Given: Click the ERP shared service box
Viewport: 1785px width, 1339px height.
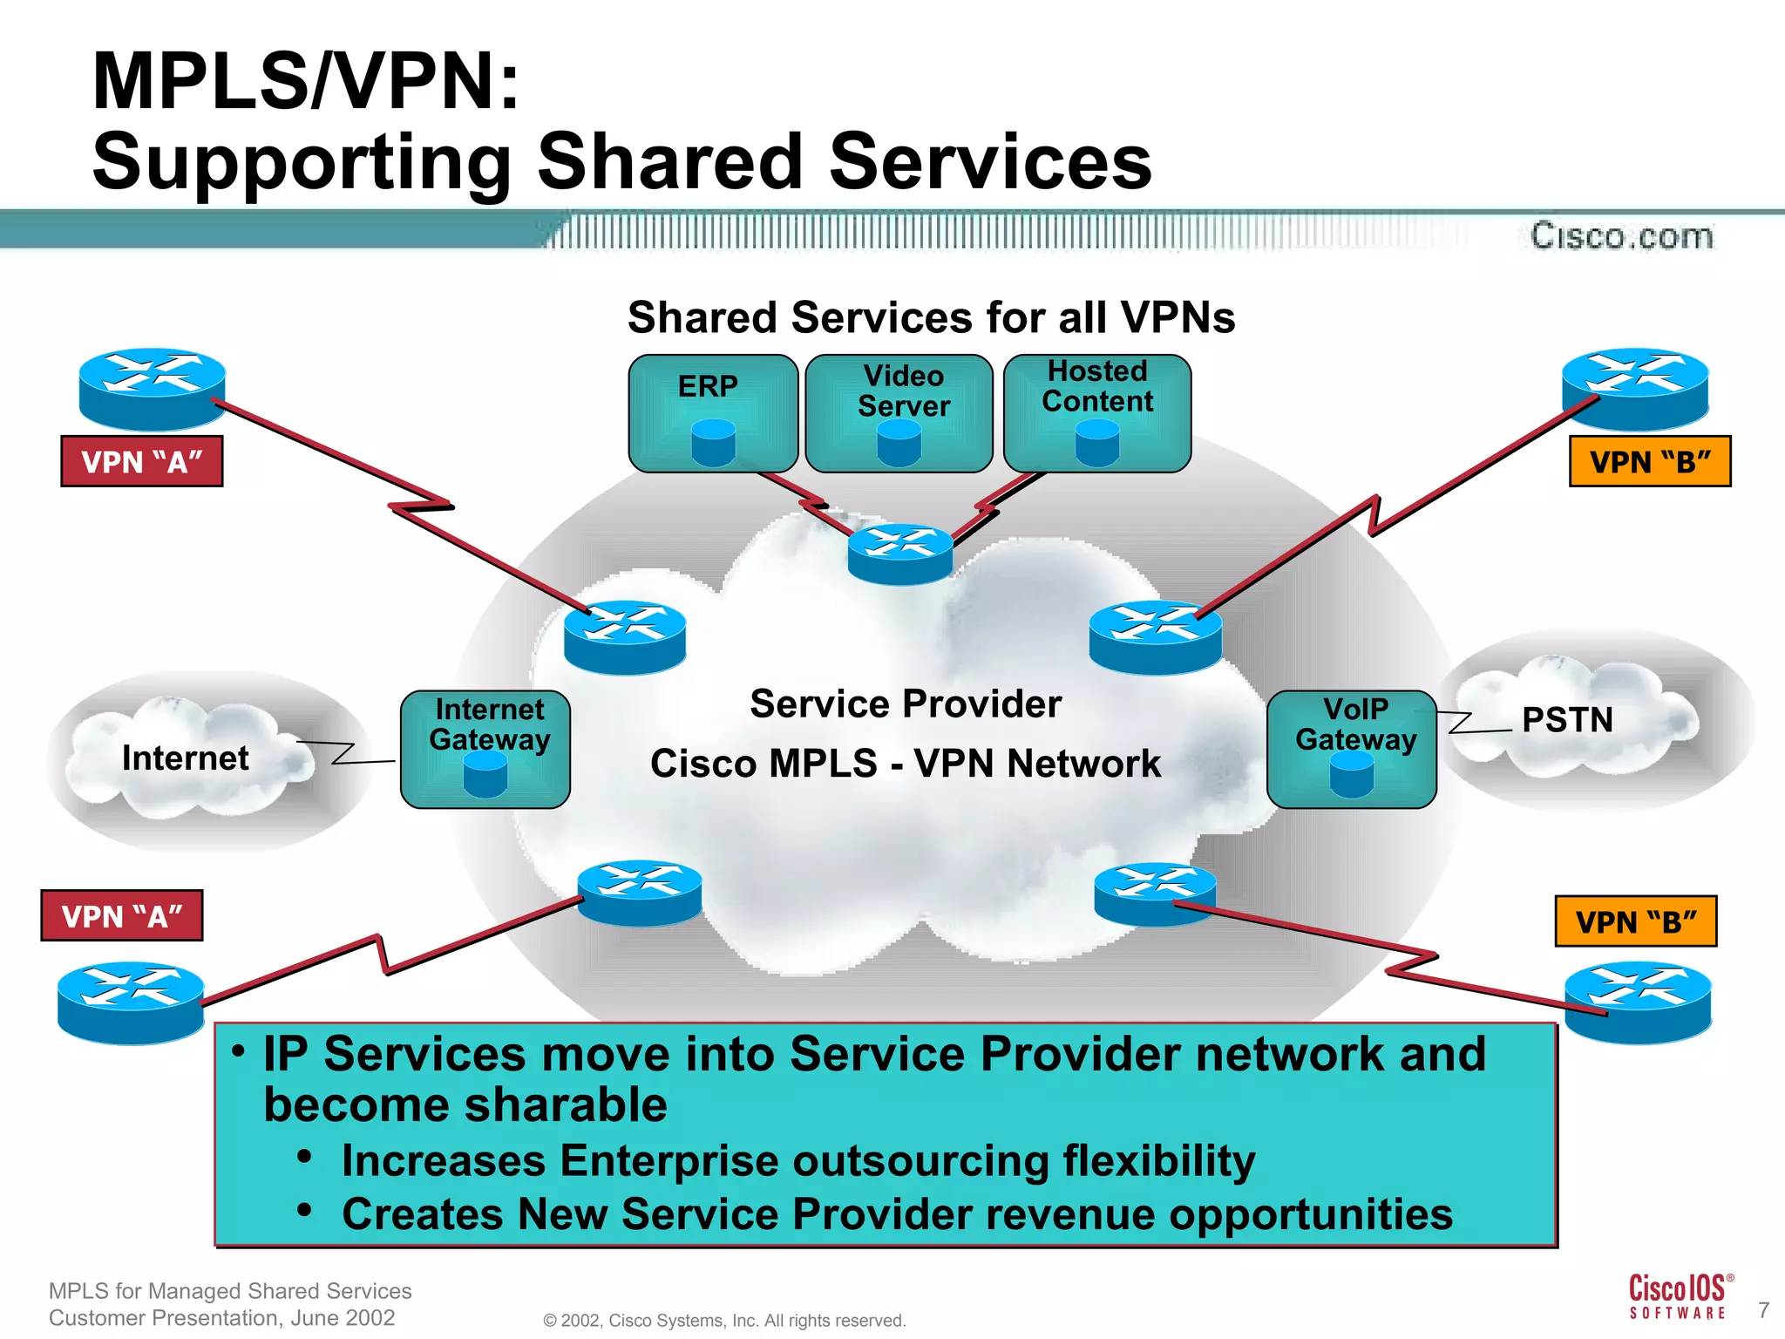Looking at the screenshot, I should [713, 413].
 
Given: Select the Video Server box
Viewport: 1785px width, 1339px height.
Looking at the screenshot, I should [899, 413].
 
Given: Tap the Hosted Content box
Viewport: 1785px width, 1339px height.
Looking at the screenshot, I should [1097, 413].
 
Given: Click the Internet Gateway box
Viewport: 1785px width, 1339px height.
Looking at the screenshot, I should [485, 749].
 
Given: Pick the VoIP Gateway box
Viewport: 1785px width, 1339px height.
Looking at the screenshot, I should [1352, 749].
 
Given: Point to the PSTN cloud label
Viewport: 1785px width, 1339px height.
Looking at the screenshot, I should [1566, 720].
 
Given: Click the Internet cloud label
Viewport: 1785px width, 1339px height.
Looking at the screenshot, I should [185, 758].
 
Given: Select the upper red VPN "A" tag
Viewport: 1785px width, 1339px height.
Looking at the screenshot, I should [142, 461].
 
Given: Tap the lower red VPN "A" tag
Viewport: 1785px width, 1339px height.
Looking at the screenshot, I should [122, 916].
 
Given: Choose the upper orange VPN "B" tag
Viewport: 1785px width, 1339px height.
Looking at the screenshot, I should [1650, 461].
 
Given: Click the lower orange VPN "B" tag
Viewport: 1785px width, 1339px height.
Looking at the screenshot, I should [1636, 921].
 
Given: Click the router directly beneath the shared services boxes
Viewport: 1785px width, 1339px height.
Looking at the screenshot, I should [900, 554].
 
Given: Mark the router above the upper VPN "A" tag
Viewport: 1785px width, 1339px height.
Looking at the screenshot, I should [153, 388].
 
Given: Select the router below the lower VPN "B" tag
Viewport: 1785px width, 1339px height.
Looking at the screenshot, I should [1638, 1002].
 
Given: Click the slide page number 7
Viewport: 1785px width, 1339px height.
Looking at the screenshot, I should [1763, 1310].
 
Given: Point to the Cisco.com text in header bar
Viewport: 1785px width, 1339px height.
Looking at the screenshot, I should [1622, 236].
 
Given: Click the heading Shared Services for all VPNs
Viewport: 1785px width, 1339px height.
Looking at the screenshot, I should [931, 317].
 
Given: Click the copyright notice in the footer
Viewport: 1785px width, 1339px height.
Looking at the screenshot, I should [724, 1321].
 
